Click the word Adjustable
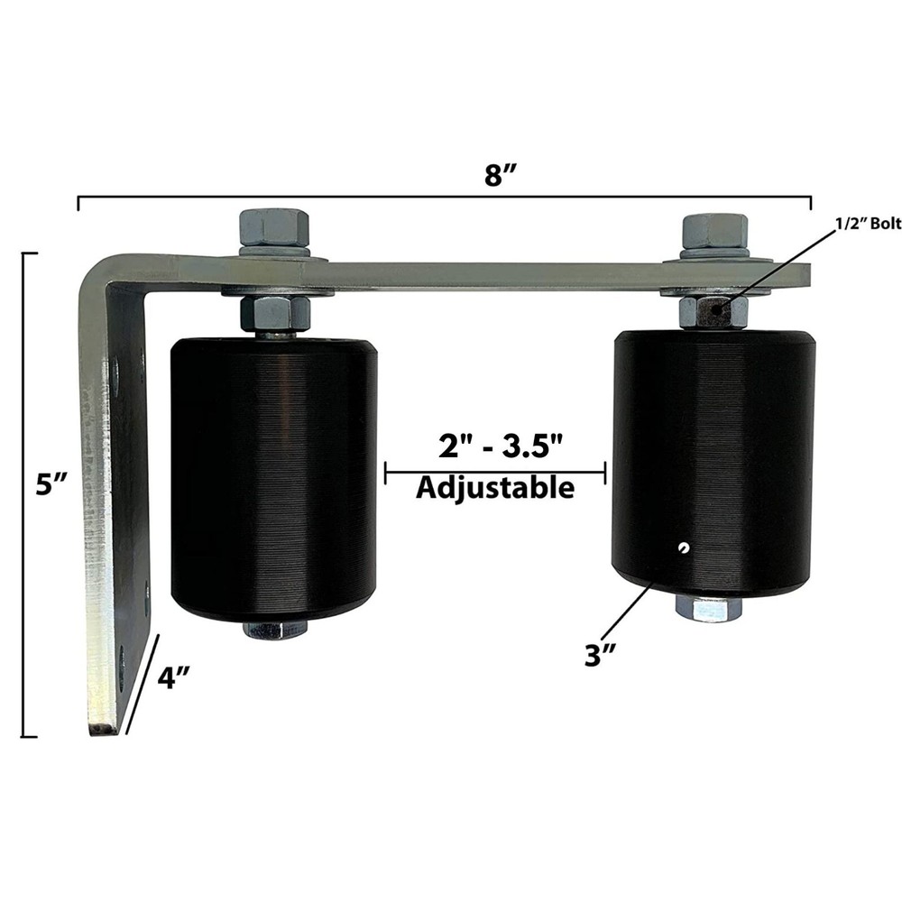point(494,488)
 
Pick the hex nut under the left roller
point(274,630)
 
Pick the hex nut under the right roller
point(709,609)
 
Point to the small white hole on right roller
point(685,546)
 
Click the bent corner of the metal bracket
point(95,271)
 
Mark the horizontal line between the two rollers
point(494,470)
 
